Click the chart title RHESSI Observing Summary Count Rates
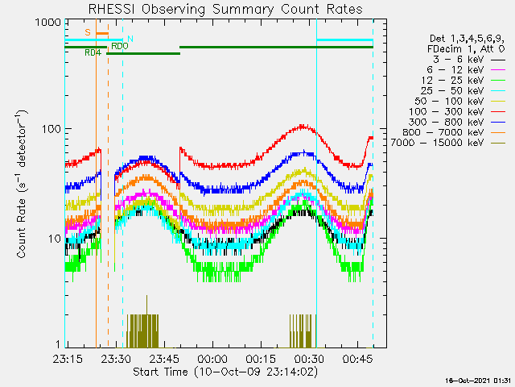[x=225, y=9]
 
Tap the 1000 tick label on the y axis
[x=48, y=23]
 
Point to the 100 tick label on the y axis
[x=51, y=129]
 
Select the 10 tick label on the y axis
[x=56, y=239]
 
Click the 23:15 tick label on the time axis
[x=68, y=359]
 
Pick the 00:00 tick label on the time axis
[x=212, y=359]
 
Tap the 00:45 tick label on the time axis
[x=358, y=359]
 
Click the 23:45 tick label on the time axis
[x=164, y=359]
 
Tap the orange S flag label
[x=88, y=32]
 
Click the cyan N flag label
[x=130, y=39]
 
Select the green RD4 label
[x=93, y=52]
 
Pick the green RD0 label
[x=120, y=46]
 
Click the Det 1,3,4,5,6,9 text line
[x=467, y=39]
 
